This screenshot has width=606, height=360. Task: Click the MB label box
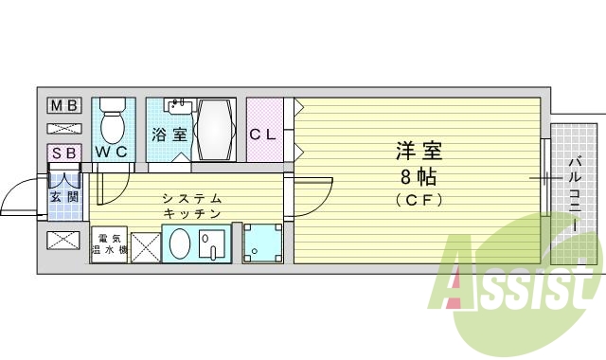click(x=64, y=105)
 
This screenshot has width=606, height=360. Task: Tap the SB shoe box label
click(x=64, y=153)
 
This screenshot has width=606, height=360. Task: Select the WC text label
click(x=111, y=152)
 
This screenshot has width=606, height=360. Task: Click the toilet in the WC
click(x=113, y=120)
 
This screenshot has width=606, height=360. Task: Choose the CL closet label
click(x=263, y=134)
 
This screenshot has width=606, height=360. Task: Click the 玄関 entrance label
click(x=64, y=197)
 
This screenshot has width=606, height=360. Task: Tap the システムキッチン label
click(x=192, y=206)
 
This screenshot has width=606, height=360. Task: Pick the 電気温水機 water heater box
click(x=109, y=243)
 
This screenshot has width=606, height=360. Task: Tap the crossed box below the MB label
click(x=64, y=127)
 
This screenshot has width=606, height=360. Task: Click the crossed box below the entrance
click(x=64, y=240)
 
